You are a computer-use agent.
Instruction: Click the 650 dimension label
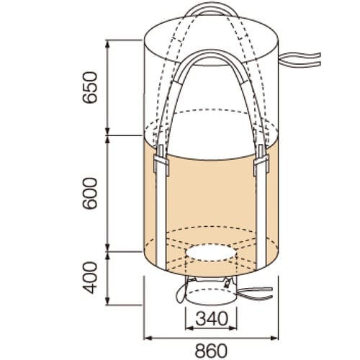pos(89,87)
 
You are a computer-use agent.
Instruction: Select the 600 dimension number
pos(89,194)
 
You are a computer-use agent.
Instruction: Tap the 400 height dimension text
pos(89,276)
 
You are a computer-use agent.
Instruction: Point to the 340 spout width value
pos(210,318)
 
